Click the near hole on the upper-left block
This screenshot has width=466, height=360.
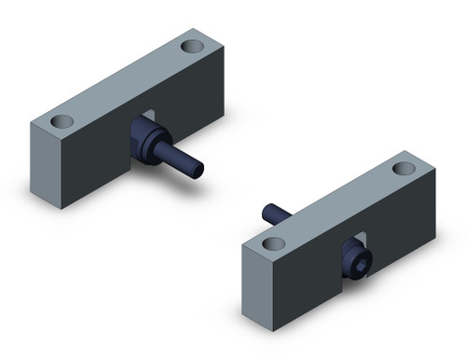pyautogui.click(x=62, y=122)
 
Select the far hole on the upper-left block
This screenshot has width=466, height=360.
pyautogui.click(x=194, y=46)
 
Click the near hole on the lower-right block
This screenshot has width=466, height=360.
pyautogui.click(x=272, y=243)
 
